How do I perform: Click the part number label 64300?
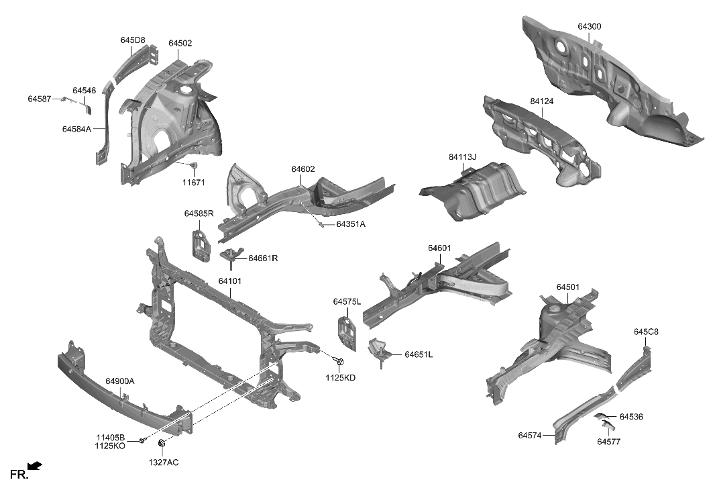589,27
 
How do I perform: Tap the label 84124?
541,101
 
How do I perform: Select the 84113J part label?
462,157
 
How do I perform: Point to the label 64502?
180,43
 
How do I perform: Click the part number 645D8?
132,40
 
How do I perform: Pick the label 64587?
39,99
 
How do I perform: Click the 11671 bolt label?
193,182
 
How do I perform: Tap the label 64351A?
351,224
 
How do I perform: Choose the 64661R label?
263,258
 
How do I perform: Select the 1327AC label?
164,462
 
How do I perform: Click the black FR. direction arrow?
35,465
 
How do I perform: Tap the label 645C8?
646,332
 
